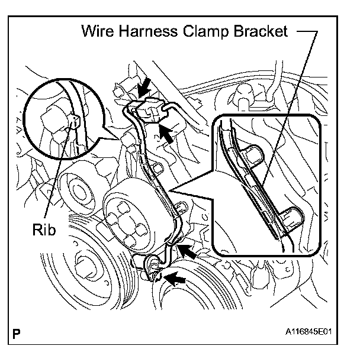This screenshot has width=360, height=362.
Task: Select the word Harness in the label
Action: coord(147,32)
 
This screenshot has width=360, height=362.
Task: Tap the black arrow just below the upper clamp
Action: coord(167,132)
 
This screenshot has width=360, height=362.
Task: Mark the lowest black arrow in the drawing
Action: coord(172,276)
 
